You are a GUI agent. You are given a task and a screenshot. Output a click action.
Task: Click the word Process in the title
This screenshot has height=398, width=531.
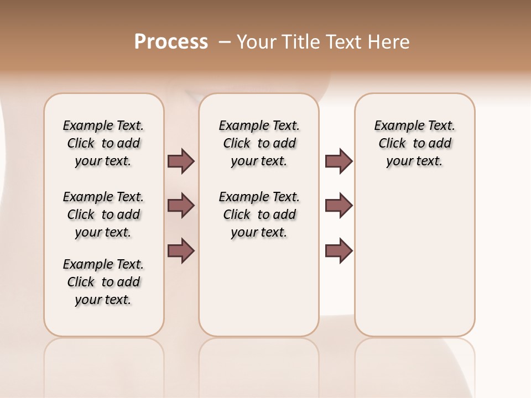[171, 42]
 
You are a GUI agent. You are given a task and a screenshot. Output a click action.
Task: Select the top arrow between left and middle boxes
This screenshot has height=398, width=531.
[181, 161]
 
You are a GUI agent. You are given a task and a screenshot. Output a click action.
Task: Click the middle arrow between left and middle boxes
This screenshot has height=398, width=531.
[181, 206]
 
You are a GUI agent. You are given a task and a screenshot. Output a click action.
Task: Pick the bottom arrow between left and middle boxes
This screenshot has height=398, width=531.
[181, 250]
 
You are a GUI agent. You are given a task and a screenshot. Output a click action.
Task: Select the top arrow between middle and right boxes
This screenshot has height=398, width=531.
[339, 161]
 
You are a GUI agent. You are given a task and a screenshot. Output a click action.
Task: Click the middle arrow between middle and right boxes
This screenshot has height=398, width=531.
[339, 206]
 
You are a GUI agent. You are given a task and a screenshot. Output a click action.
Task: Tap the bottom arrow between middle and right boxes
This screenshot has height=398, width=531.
[339, 250]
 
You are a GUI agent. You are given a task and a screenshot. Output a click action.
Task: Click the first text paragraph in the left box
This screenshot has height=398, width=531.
[103, 143]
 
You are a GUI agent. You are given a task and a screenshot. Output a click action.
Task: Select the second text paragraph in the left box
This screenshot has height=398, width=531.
[103, 214]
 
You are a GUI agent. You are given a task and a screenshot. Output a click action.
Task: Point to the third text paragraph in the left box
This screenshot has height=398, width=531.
[103, 282]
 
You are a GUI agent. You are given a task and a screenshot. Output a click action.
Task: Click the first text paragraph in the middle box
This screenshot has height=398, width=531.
[259, 143]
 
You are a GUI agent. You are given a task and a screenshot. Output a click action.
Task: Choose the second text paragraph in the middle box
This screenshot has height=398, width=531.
[259, 214]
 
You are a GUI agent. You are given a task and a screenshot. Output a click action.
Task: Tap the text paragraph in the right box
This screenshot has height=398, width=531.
[415, 143]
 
